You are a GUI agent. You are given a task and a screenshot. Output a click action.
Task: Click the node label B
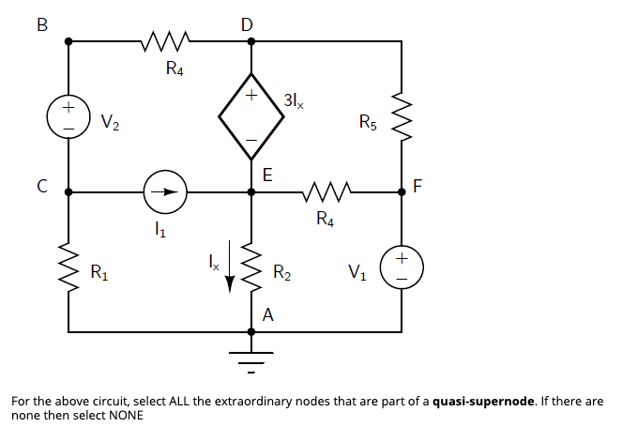pos(41,25)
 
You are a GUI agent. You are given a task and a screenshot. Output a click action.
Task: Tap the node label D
pos(247,24)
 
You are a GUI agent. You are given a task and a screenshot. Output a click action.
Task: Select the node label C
pos(42,186)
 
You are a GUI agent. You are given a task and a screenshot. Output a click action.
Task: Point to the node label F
pos(417,186)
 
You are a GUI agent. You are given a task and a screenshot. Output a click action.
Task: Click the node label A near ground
pos(268,315)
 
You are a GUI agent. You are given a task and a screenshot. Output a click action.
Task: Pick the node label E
pos(268,174)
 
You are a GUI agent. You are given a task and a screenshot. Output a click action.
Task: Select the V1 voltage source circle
pos(402,266)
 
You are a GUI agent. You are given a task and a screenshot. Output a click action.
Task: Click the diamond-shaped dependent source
pos(250,118)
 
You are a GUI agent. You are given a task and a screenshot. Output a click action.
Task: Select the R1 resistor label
pos(98,274)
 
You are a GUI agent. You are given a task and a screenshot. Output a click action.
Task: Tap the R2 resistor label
pos(281,274)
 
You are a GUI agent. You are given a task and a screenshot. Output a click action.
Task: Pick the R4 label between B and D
pos(174,68)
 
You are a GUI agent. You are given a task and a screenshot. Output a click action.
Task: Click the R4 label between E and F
pos(324,221)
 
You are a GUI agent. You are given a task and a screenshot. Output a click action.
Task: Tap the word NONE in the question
pos(127,415)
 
